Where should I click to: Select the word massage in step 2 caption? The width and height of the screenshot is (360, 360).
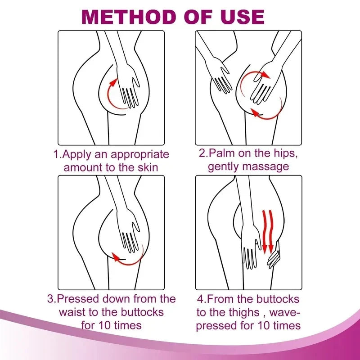click(266, 166)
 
